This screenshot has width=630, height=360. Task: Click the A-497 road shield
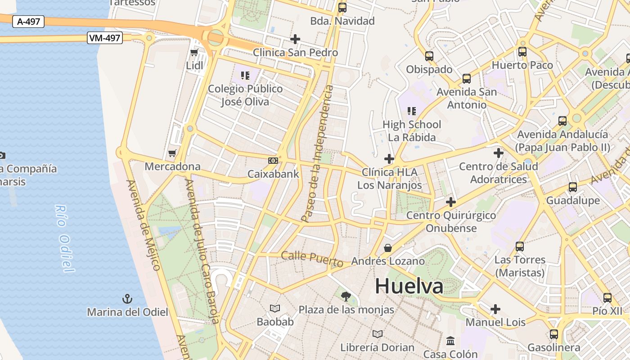[x=28, y=21]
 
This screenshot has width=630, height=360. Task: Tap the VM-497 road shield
[x=104, y=38]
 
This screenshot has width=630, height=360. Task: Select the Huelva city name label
[x=409, y=286]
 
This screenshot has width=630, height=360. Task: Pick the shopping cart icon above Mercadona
[x=172, y=154]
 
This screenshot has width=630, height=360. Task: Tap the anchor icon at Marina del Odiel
[x=127, y=299]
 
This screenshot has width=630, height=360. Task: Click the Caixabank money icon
[x=273, y=161]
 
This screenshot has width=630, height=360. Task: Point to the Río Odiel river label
[x=64, y=238]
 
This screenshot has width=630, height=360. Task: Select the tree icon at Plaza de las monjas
[x=346, y=296]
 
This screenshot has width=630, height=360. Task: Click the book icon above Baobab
[x=275, y=309]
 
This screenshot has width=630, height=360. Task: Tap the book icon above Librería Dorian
[x=377, y=334]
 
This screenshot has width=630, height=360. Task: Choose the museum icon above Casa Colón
[x=450, y=341]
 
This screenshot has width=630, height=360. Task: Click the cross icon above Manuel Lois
[x=495, y=309]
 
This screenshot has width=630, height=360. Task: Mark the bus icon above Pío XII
[x=607, y=298]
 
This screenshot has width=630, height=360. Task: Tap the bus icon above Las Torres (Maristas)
[x=520, y=247]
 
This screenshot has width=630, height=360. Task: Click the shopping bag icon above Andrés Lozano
[x=387, y=248]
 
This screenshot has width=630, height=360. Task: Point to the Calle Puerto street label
[x=312, y=259]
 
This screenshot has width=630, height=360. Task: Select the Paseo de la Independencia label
[x=317, y=153]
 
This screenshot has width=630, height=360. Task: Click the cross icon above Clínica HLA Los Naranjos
[x=389, y=159]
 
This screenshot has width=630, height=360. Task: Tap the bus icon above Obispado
[x=429, y=56]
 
